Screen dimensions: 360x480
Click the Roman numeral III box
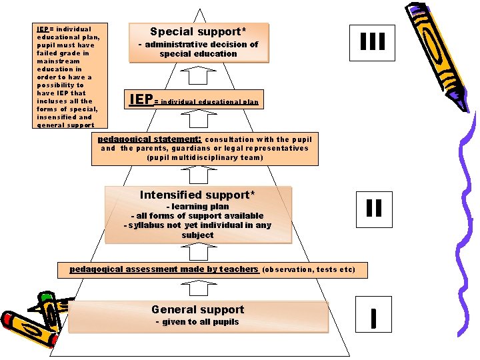click(x=373, y=41)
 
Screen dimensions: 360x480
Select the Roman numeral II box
click(x=374, y=208)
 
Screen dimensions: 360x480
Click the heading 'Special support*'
click(x=198, y=31)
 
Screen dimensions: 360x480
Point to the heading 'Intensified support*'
click(x=197, y=195)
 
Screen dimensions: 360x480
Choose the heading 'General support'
click(x=198, y=309)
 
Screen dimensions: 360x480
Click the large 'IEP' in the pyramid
click(x=141, y=100)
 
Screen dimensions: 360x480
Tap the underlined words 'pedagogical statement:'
click(x=149, y=139)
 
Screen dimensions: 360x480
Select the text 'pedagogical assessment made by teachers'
click(x=164, y=269)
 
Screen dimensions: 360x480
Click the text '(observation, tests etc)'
click(x=309, y=270)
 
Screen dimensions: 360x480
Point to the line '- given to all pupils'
click(x=197, y=322)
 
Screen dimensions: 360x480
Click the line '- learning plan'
click(x=197, y=207)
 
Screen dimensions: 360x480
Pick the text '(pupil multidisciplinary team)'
click(x=205, y=157)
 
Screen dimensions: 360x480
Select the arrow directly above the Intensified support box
click(x=198, y=175)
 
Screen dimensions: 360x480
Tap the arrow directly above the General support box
click(x=198, y=288)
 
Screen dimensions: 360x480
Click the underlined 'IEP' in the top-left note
click(x=43, y=29)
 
